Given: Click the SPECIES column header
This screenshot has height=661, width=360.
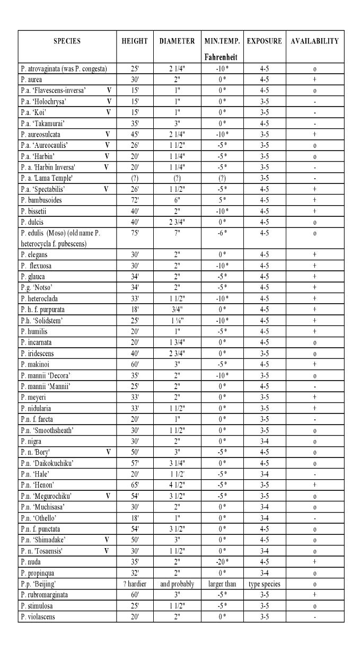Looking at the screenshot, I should pos(67,42).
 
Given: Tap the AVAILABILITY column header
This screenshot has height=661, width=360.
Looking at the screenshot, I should pos(314,42).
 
